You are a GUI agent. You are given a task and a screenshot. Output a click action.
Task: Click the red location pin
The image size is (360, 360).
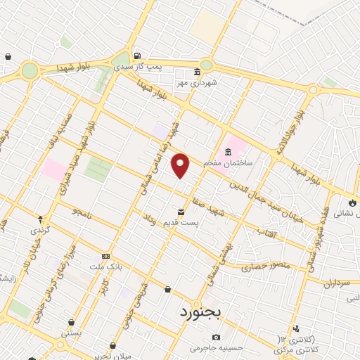[x=181, y=166]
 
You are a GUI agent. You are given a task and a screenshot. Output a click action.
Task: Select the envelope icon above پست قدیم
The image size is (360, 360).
[x=181, y=212]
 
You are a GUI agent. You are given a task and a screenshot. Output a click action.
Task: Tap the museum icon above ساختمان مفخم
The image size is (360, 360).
[x=228, y=151]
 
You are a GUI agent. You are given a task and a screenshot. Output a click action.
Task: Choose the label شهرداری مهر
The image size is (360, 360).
[x=219, y=82]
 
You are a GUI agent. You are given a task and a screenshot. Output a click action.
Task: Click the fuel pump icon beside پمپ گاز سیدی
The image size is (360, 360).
[x=136, y=56]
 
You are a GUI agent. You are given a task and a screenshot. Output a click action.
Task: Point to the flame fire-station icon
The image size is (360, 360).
[x=351, y=203]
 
